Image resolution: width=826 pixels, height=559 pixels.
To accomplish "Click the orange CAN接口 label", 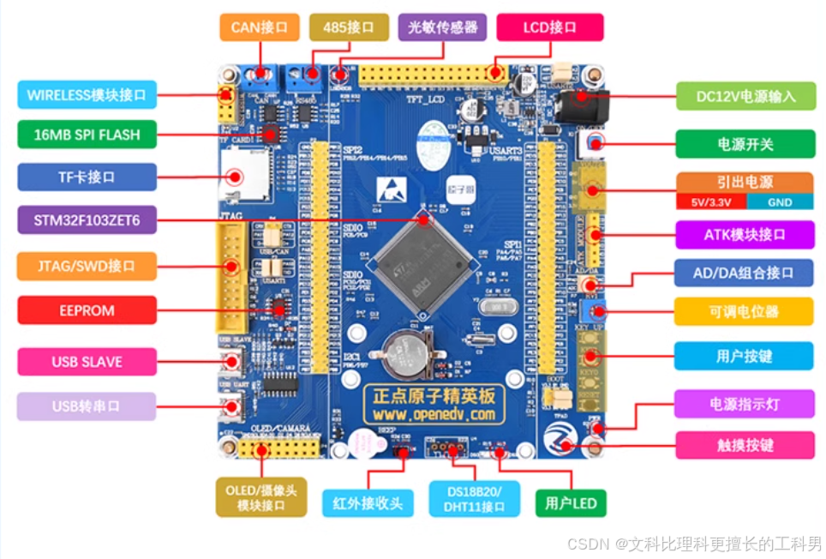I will click(259, 27).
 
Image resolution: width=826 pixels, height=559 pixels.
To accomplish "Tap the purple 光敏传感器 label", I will click(442, 27).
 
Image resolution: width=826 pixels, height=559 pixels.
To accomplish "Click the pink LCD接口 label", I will click(550, 27).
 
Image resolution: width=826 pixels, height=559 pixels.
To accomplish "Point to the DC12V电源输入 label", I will click(746, 96).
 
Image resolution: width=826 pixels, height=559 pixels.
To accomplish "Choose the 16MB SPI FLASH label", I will click(87, 135).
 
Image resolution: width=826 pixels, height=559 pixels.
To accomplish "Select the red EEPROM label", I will click(87, 310).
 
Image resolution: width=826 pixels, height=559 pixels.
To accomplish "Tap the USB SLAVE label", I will click(87, 362).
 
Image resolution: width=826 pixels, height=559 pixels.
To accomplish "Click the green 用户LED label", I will click(571, 502).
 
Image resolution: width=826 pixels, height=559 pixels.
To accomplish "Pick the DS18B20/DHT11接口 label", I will click(475, 498).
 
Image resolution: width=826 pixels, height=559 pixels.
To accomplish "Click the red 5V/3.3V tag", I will click(710, 202).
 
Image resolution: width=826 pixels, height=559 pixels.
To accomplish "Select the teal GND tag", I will click(780, 202).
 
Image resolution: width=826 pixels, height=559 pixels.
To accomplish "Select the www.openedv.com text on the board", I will click(433, 414).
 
